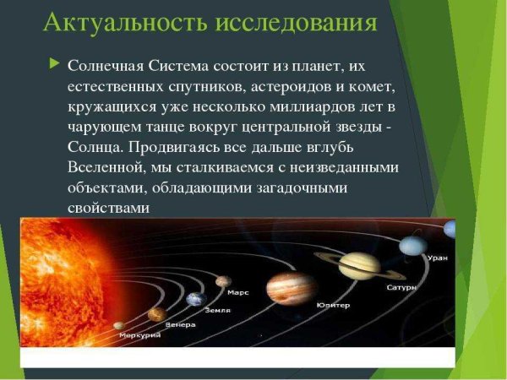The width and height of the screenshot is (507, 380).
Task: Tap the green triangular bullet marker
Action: point(55,63)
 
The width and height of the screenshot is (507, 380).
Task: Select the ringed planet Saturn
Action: point(359,264)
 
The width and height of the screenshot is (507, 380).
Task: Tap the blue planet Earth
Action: point(196,299)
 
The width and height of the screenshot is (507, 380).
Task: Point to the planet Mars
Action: point(223,281)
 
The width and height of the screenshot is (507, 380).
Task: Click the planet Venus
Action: point(156,314)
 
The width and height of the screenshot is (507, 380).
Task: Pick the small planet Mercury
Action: point(118,325)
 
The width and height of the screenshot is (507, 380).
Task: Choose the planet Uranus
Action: point(412,245)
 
